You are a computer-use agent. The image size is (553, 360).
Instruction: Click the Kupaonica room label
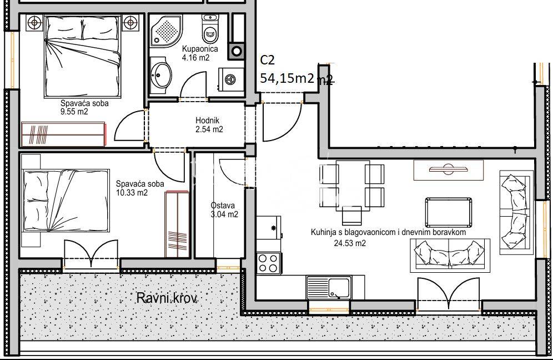200,49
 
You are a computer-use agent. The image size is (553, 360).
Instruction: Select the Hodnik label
208,121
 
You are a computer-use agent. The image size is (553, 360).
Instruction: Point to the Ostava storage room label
223,206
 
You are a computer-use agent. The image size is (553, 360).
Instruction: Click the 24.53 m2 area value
350,243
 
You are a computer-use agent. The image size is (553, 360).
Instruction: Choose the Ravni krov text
167,298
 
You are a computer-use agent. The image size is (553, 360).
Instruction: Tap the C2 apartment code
267,61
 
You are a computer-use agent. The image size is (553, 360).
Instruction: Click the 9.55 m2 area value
74,112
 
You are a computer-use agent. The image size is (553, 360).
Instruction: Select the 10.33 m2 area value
132,193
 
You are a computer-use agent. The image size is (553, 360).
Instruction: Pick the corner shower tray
166,31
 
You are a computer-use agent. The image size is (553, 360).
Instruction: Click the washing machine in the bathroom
231,79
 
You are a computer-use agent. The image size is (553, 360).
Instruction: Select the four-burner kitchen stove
268,263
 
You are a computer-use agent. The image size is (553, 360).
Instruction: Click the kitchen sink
329,287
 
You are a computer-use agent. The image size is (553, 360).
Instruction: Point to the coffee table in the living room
448,213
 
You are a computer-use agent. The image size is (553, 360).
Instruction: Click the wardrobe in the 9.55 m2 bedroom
63,134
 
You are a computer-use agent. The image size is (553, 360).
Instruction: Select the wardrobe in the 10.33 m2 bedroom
177,224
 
